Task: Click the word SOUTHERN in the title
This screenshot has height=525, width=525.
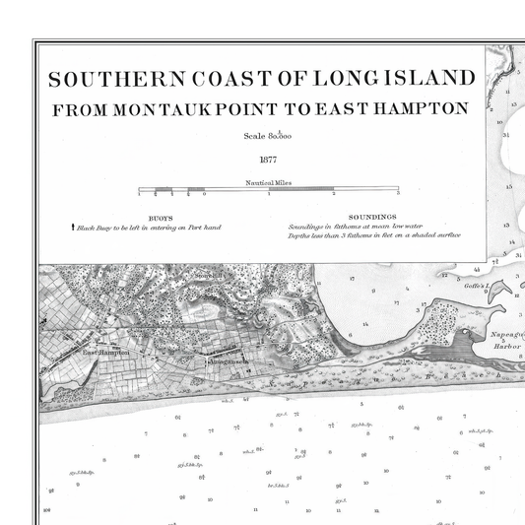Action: (105, 79)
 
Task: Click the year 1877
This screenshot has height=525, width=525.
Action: (268, 159)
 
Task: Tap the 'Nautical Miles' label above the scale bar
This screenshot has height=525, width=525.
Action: (267, 182)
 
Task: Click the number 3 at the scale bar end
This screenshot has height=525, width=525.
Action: (397, 196)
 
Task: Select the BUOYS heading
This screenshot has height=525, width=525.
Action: (160, 218)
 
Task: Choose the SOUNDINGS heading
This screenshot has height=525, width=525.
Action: (371, 217)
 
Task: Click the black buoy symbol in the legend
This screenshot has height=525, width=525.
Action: (73, 227)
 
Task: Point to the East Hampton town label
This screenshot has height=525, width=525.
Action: (106, 353)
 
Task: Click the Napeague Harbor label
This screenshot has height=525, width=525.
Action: (506, 340)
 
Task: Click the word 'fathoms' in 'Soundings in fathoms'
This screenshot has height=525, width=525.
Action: (347, 228)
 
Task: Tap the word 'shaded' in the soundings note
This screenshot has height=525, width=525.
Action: (413, 236)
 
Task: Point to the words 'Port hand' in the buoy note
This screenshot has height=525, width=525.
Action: (204, 228)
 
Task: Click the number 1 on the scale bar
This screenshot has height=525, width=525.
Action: (269, 196)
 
